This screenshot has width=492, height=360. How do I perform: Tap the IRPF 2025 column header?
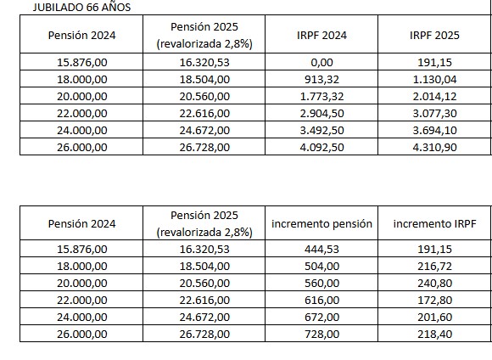click(434, 35)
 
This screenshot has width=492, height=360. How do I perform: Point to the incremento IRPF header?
click(434, 224)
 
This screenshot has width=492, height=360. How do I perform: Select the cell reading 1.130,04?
click(434, 79)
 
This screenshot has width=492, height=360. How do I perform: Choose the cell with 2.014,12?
click(434, 96)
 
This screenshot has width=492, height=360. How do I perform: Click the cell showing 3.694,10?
click(434, 130)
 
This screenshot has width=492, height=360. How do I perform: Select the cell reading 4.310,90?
click(434, 146)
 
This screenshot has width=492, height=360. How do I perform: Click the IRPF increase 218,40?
click(434, 335)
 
